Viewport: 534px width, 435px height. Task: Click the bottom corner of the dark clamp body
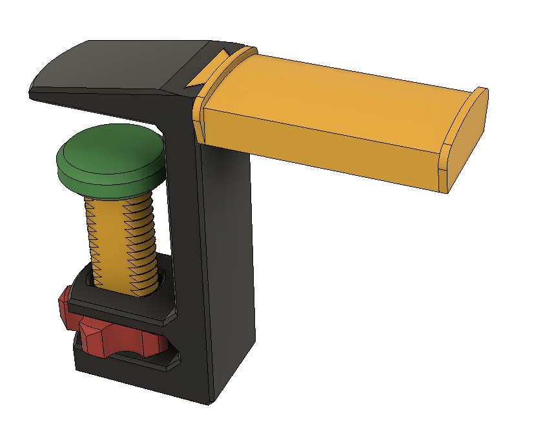209,401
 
